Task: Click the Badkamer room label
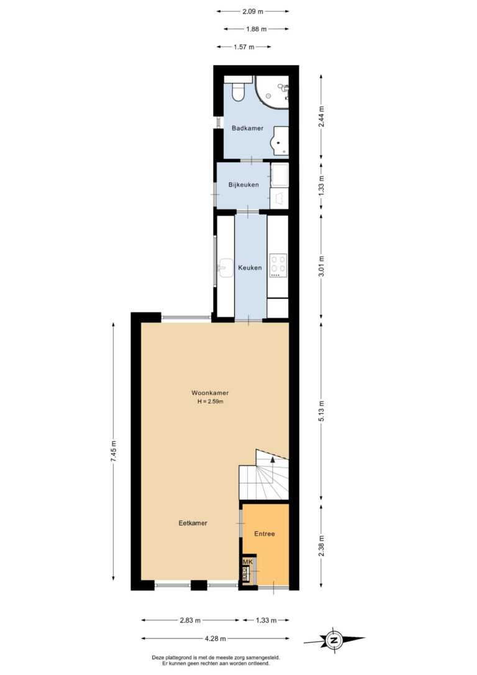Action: [247, 128]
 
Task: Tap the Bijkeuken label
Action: [243, 185]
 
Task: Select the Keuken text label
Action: [250, 267]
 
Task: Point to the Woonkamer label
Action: [210, 393]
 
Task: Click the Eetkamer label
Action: [193, 523]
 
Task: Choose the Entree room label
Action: [264, 534]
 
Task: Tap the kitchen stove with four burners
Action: [278, 265]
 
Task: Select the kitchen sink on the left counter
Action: [225, 269]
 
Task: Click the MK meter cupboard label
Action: [248, 562]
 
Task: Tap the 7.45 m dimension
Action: [114, 452]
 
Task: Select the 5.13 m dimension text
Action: [321, 412]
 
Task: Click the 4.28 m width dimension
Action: [215, 638]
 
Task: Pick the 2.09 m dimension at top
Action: [253, 12]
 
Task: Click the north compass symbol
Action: [334, 640]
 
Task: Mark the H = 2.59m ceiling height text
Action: [210, 402]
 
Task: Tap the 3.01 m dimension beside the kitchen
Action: [321, 267]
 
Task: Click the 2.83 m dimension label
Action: [190, 620]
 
